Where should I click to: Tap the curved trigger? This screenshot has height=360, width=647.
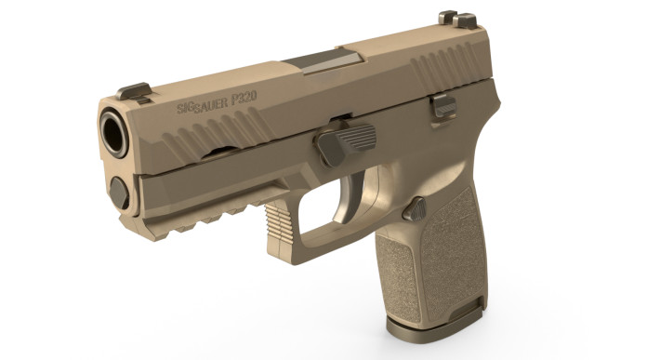pyautogui.click(x=357, y=197)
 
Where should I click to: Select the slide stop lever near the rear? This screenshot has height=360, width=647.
pyautogui.click(x=443, y=105)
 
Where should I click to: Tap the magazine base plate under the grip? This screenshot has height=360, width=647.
pyautogui.click(x=437, y=319)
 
